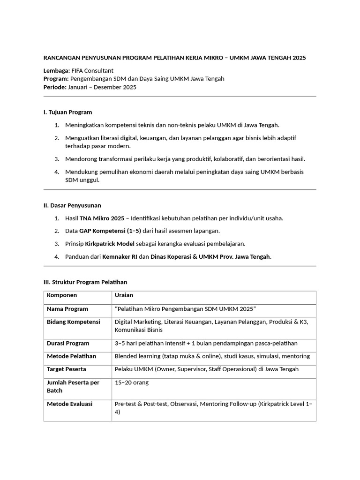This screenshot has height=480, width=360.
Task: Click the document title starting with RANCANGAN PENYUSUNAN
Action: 174,58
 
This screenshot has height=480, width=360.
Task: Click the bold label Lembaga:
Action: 56,70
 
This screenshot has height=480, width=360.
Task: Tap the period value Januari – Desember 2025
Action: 102,87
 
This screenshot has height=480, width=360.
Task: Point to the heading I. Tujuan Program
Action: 67,112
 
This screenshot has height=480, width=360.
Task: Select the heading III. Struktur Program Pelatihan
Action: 85,282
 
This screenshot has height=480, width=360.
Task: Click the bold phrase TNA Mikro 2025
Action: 102,218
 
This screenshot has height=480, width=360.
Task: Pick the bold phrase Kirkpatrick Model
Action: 110,244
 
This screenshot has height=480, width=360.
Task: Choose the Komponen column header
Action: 62,295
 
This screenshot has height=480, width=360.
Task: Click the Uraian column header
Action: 124,295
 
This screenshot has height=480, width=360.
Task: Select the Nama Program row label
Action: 67,309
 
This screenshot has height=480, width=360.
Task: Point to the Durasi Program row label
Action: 68,343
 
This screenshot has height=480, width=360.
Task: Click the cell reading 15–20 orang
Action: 132,382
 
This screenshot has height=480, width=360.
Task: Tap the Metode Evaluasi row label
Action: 69,404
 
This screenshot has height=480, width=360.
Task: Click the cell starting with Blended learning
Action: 212,356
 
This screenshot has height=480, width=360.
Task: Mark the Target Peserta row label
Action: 66,369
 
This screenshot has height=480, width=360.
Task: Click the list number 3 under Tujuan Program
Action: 56,159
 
